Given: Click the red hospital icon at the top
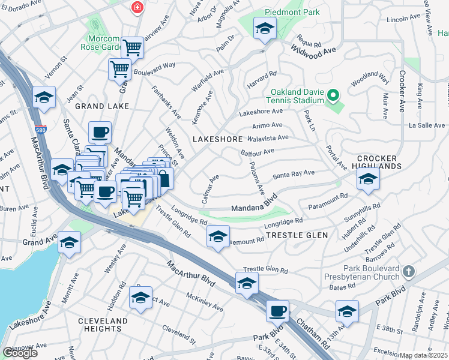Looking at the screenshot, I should [138, 7].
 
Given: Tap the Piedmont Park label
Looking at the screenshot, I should [294, 12].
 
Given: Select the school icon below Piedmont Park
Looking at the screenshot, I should [265, 29].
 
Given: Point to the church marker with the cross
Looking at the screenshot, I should [409, 272].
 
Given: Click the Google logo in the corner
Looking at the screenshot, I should [20, 353].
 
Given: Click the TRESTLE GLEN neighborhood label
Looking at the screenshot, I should [297, 235].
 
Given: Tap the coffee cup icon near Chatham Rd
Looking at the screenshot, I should [277, 311].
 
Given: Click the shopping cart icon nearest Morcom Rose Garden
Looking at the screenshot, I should [132, 47].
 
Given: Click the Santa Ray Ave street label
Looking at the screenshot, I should [294, 174].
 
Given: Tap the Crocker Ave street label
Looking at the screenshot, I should [401, 92].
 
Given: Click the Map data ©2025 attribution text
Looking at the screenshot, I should [424, 355].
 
